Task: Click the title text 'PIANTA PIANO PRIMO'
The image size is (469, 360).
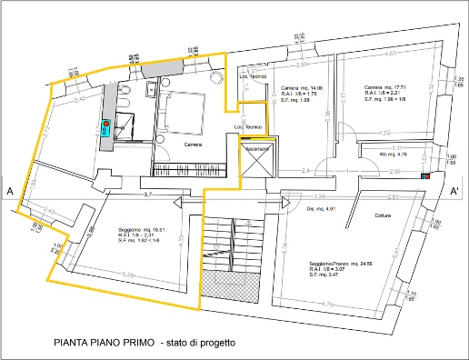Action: pyautogui.click(x=103, y=344)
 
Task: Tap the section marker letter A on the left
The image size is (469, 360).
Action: pyautogui.click(x=9, y=192)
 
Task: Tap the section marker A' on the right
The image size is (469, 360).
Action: pyautogui.click(x=454, y=191)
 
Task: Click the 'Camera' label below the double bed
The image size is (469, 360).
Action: pyautogui.click(x=194, y=145)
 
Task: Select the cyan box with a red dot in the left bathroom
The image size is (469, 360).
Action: pyautogui.click(x=105, y=127)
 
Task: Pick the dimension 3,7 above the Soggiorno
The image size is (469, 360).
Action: pyautogui.click(x=147, y=195)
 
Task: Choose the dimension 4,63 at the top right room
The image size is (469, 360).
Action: pyautogui.click(x=390, y=55)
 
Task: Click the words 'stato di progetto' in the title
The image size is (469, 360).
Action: pyautogui.click(x=202, y=344)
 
